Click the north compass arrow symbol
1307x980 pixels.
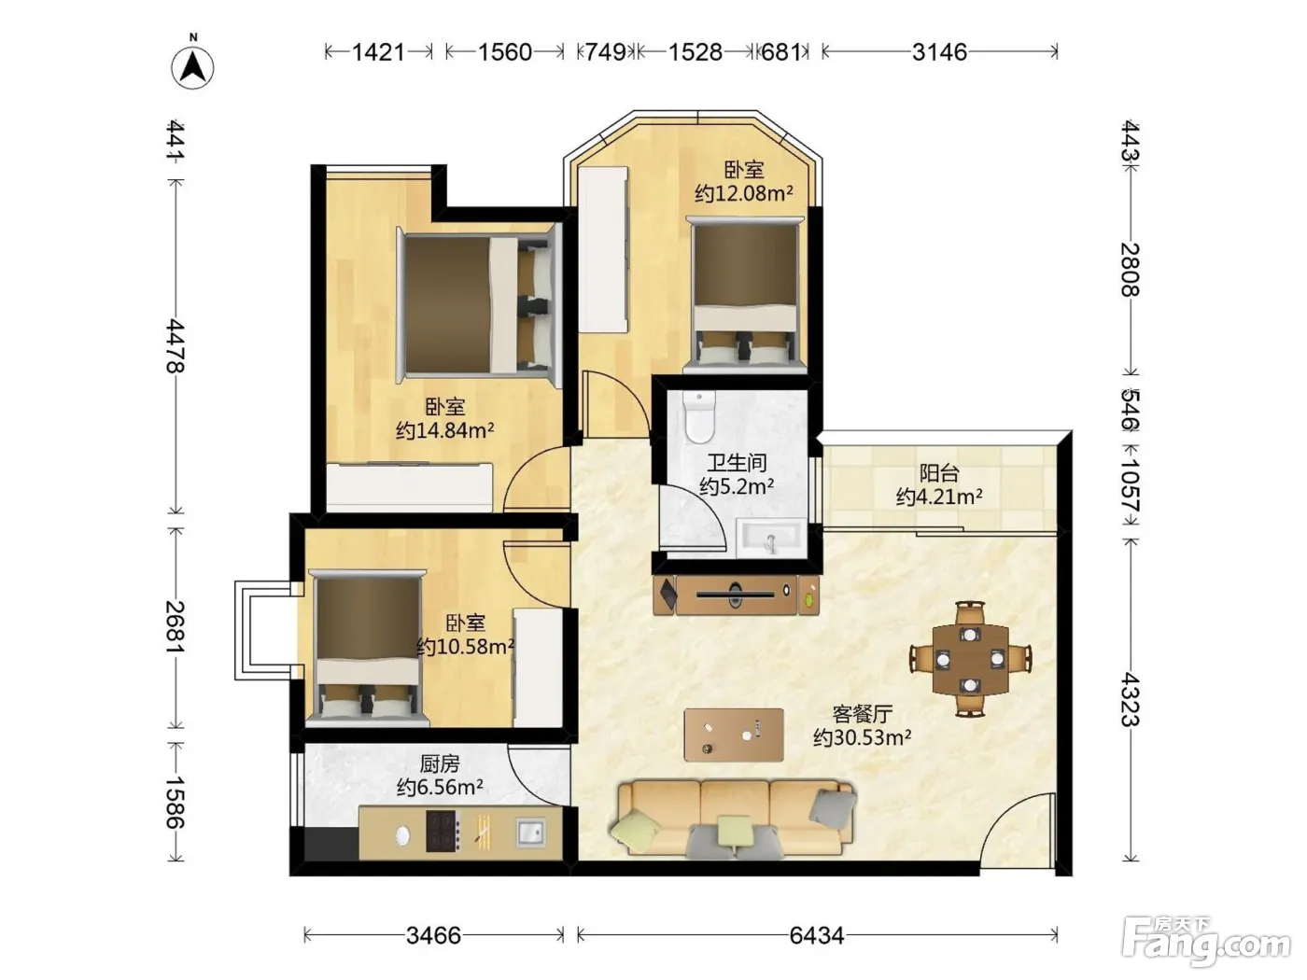[x=192, y=66]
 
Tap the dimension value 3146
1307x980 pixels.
[x=939, y=52]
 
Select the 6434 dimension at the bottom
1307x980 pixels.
[x=816, y=936]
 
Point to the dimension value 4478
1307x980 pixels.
[x=176, y=345]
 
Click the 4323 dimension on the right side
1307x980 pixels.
[x=1131, y=700]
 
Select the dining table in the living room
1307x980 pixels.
[x=971, y=659]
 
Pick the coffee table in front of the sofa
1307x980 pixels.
[x=734, y=735]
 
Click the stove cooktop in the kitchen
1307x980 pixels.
[x=443, y=831]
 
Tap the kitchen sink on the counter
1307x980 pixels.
[x=530, y=832]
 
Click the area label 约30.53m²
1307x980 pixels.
[x=863, y=738]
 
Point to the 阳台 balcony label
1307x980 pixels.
[x=939, y=473]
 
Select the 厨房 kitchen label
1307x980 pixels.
[x=440, y=763]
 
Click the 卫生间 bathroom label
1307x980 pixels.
[x=737, y=462]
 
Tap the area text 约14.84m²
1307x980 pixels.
[x=444, y=429]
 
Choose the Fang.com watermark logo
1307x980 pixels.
[x=1206, y=942]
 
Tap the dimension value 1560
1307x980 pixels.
[x=505, y=52]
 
